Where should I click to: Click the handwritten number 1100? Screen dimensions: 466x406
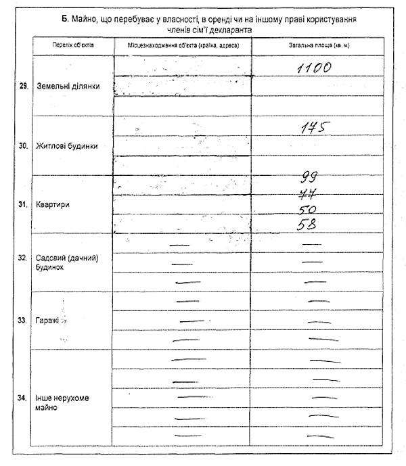(313, 68)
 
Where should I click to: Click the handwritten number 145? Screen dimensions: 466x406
(315, 128)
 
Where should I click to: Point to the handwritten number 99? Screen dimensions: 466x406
(310, 177)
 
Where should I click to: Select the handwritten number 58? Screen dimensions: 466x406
(308, 225)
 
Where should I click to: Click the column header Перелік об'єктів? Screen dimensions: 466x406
(73, 45)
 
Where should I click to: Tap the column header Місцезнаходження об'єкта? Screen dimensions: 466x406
(184, 45)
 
